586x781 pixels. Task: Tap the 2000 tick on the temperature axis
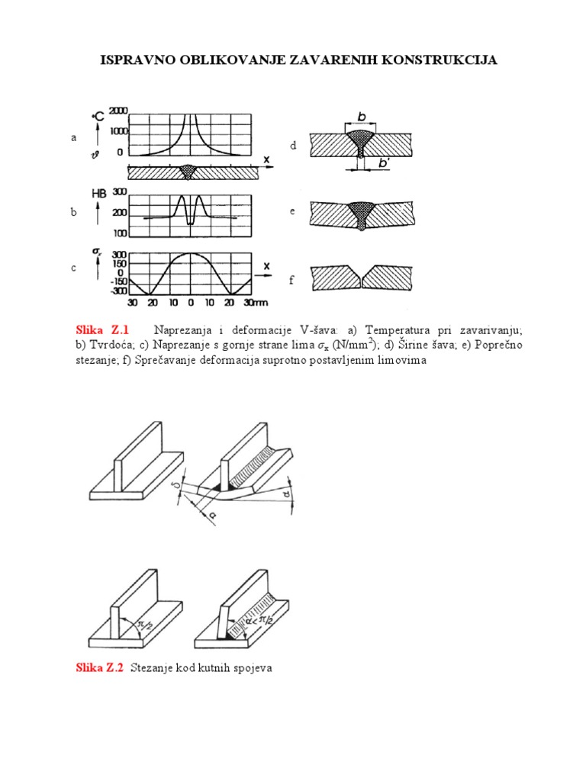(118, 110)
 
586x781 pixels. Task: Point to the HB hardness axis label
(99, 194)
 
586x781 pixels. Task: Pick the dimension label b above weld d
(362, 117)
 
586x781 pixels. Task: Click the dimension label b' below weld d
(380, 162)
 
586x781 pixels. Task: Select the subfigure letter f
(291, 281)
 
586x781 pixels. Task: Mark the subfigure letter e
(291, 211)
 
